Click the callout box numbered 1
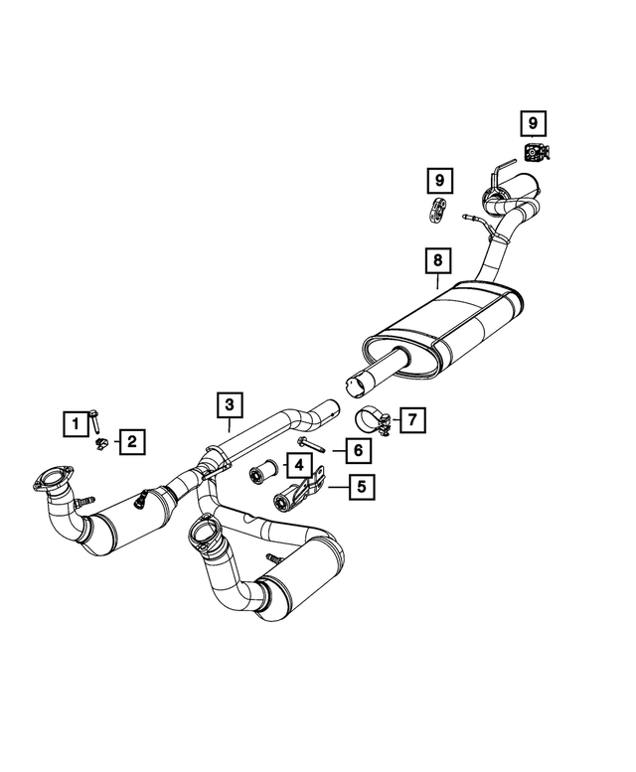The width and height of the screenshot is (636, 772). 73,423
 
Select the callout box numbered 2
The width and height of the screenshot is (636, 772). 130,441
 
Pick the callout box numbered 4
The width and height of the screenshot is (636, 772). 295,464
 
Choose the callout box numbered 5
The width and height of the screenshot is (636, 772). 361,487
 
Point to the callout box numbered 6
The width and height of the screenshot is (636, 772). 357,450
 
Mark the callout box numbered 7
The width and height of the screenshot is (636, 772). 410,419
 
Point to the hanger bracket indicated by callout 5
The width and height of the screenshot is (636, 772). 300,493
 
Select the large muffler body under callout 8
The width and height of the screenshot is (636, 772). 447,328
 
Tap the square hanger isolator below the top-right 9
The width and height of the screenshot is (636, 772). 535,152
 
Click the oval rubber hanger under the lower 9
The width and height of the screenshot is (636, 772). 437,211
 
